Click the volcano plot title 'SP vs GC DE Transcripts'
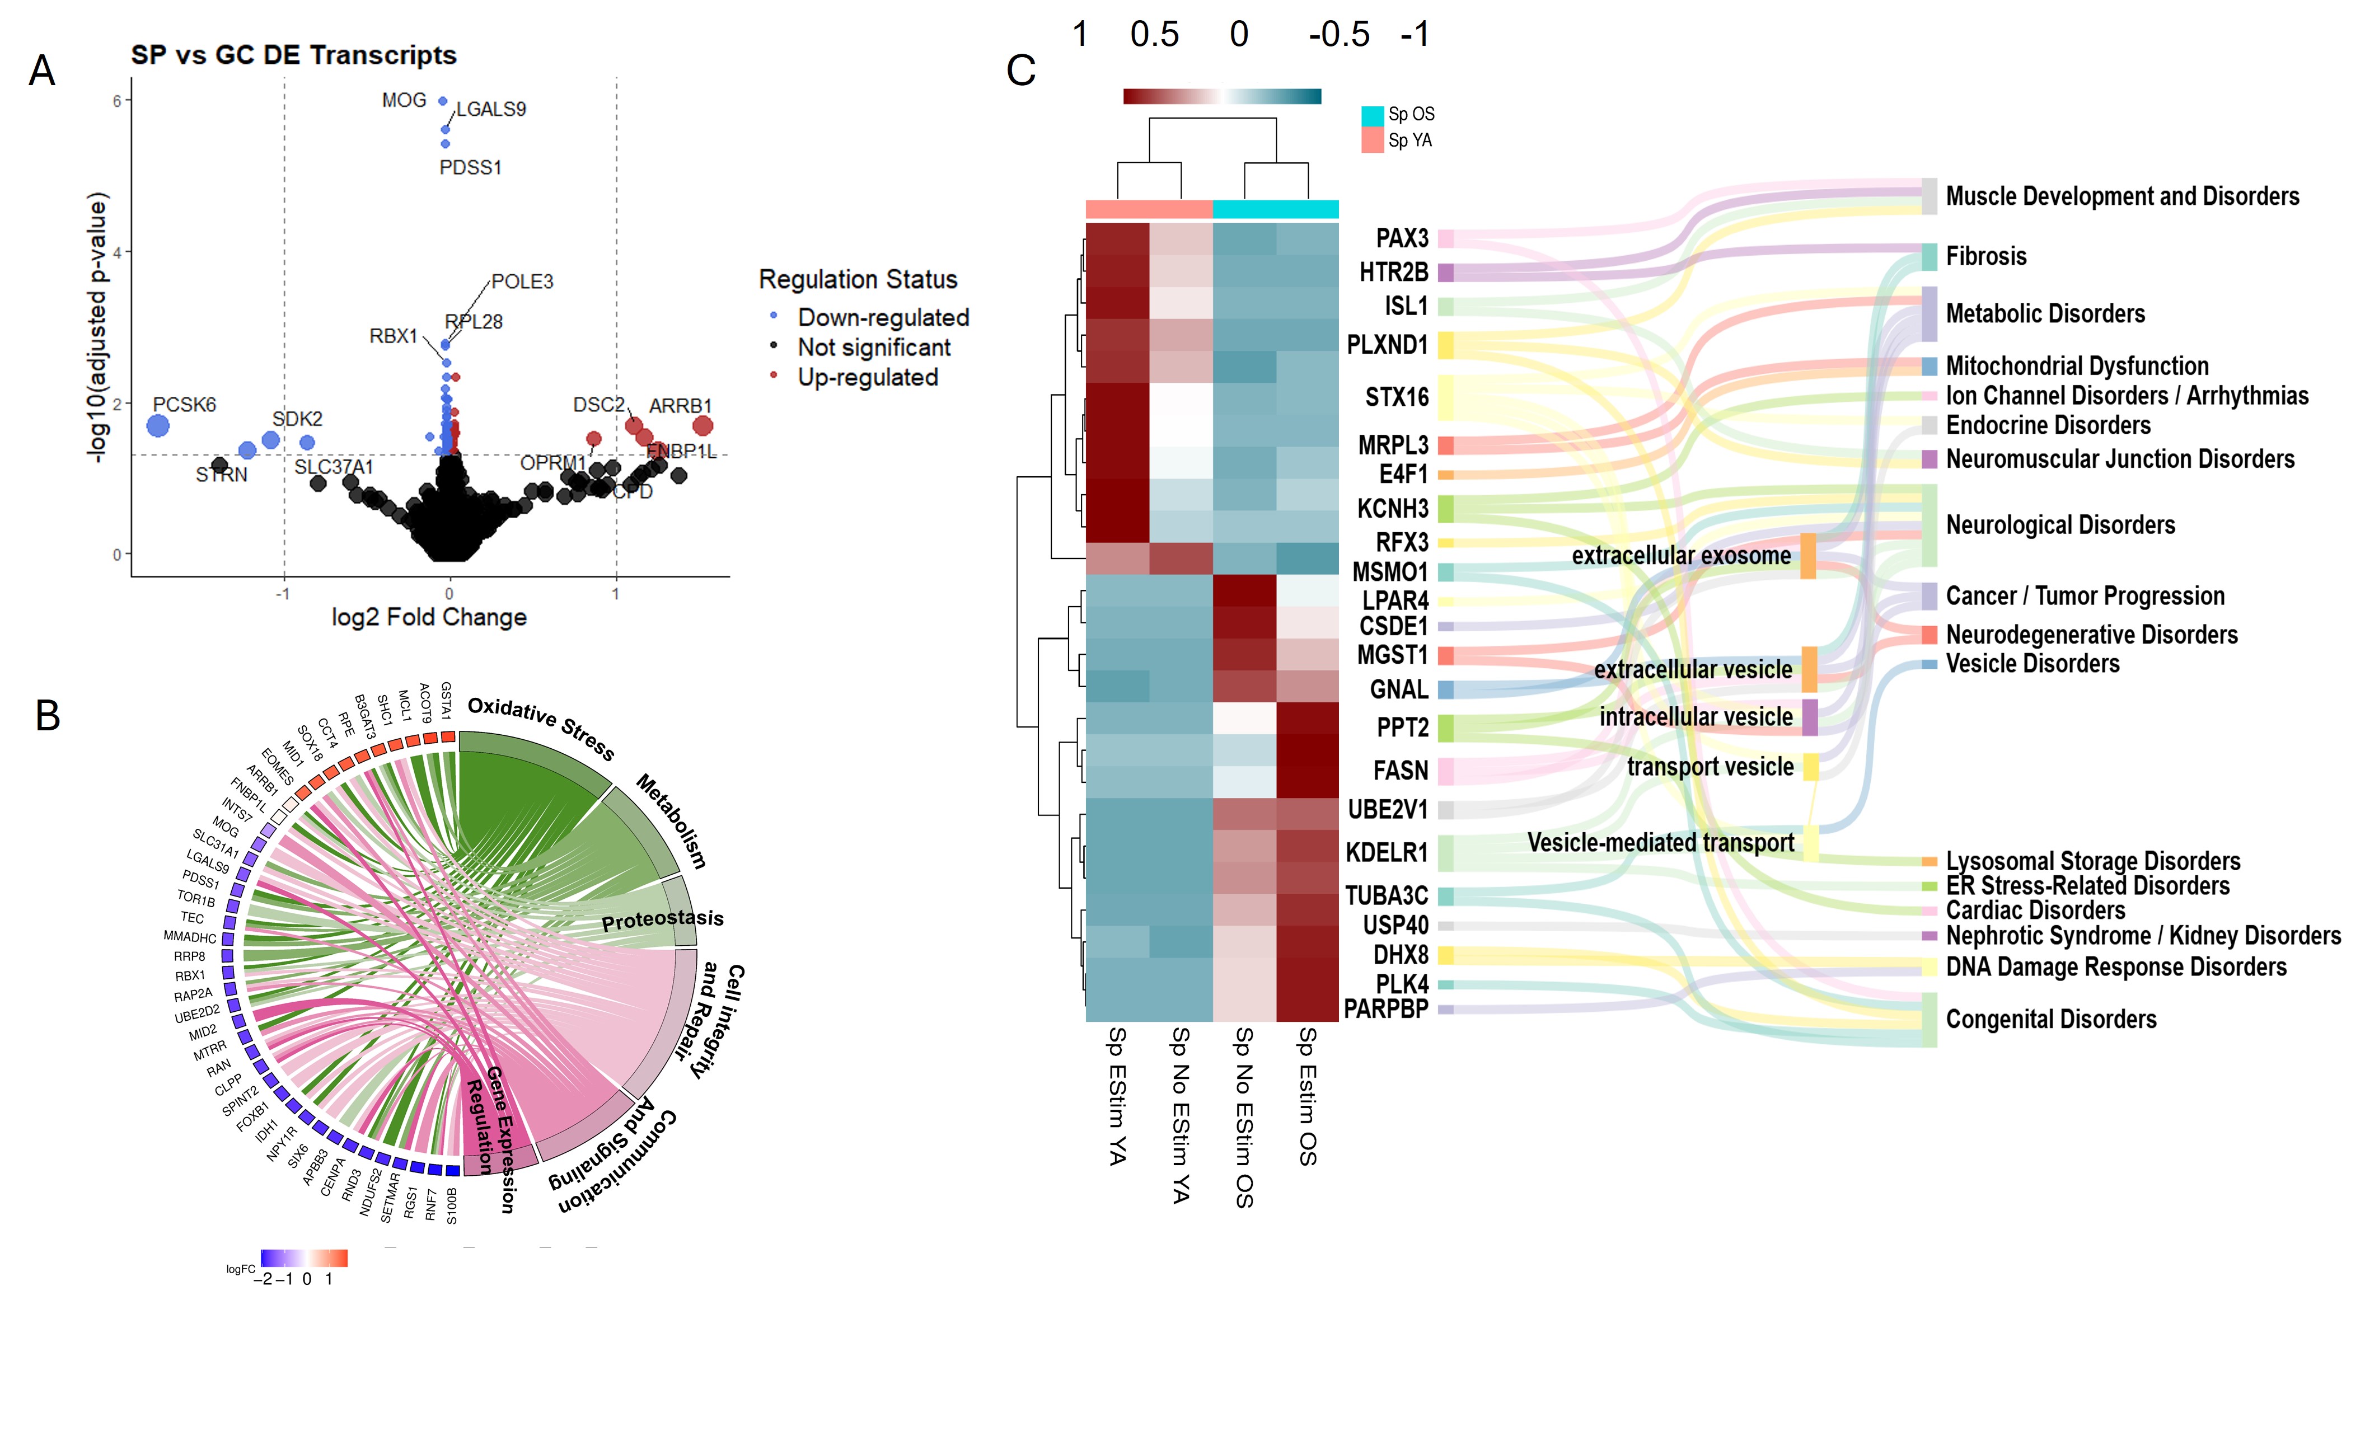[x=294, y=55]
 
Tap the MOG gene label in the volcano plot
[x=404, y=101]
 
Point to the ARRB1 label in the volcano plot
[x=681, y=406]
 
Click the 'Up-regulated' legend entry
[x=868, y=377]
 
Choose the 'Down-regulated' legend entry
[x=883, y=318]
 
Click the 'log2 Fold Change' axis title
[x=429, y=617]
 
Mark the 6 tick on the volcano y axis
[x=117, y=101]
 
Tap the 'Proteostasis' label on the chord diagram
[x=662, y=919]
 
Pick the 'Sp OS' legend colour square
[x=1373, y=115]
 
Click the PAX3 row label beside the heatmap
[x=1402, y=238]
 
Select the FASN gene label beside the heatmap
[x=1401, y=771]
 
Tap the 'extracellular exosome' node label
[x=1680, y=556]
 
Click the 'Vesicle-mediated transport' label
[x=1660, y=843]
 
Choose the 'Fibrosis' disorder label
[x=1986, y=256]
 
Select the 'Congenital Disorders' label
[x=2051, y=1020]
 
